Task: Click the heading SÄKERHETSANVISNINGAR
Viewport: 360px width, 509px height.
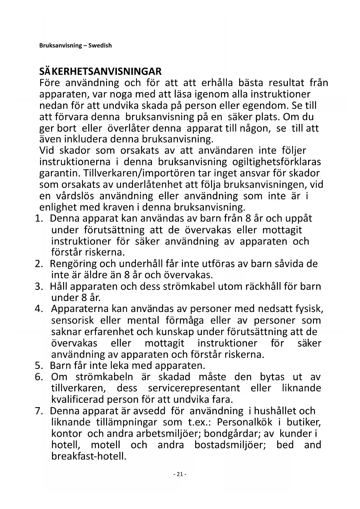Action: point(100,71)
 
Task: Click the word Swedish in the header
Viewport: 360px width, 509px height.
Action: point(100,46)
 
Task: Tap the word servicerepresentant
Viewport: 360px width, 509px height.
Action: point(194,388)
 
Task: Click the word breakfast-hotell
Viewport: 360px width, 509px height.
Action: point(89,456)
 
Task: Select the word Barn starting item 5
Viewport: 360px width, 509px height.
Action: point(60,365)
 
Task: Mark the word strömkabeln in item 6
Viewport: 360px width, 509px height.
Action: point(104,377)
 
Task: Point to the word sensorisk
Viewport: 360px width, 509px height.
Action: point(73,320)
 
